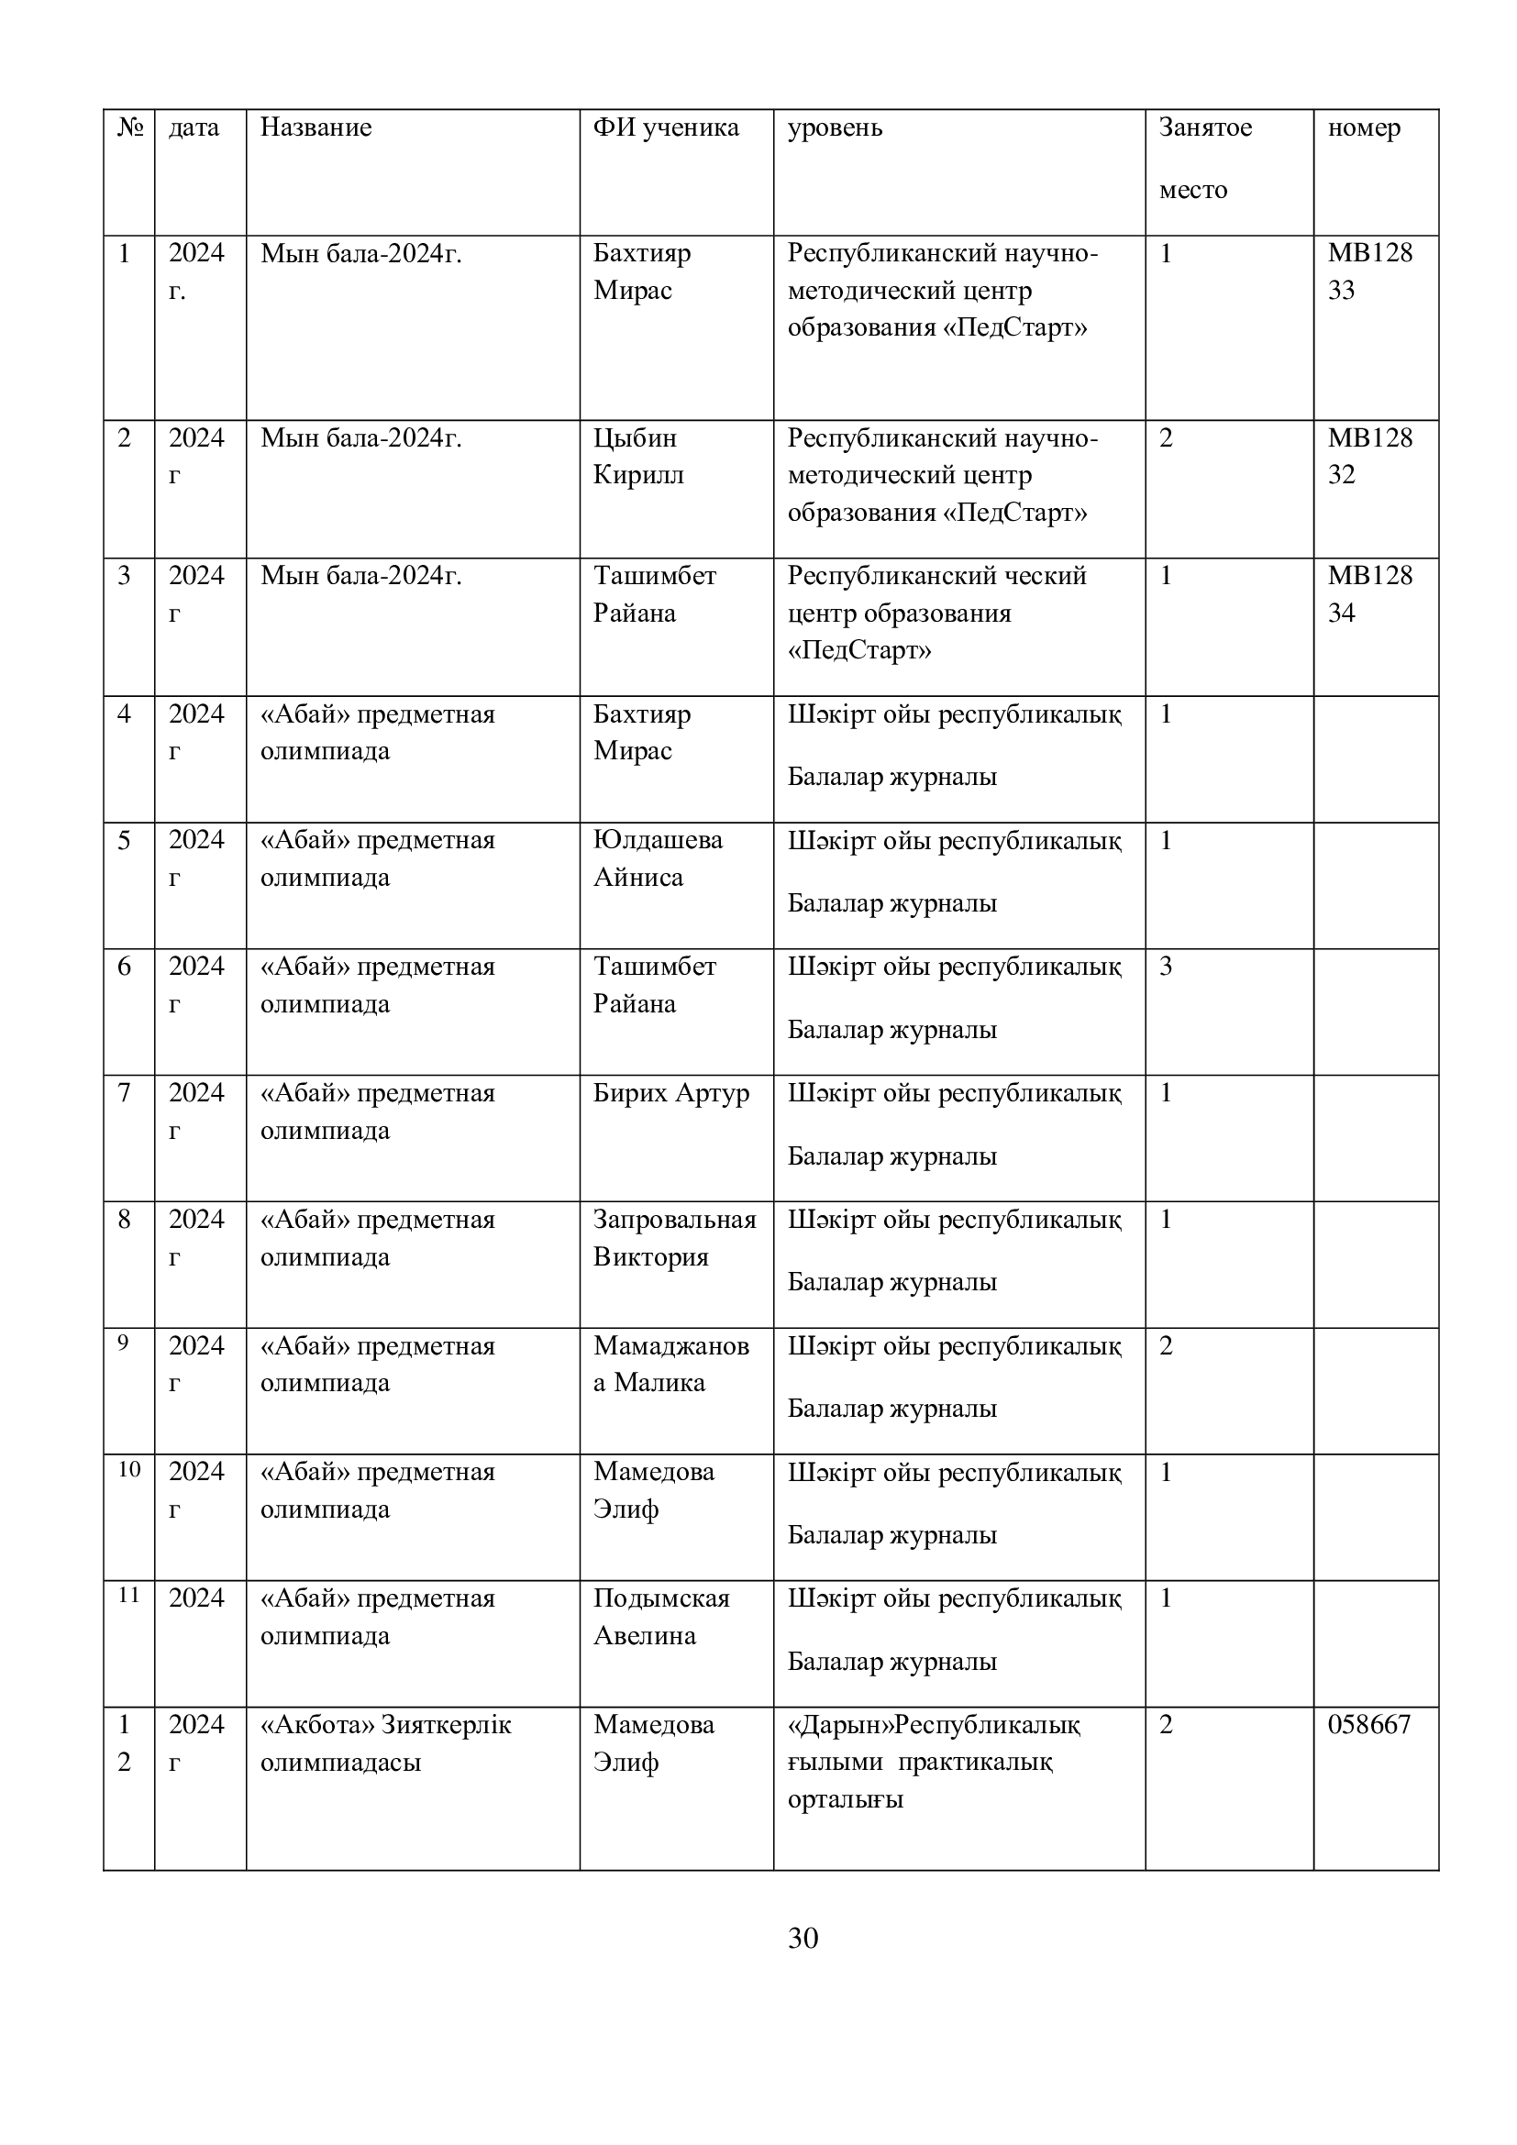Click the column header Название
click(x=316, y=128)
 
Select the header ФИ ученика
click(x=665, y=128)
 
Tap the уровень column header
click(x=834, y=128)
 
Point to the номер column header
click(x=1364, y=128)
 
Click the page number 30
click(x=803, y=1939)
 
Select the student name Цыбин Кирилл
click(x=638, y=456)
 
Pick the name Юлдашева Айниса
click(x=658, y=857)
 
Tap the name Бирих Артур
click(x=670, y=1092)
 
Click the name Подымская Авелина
click(x=660, y=1616)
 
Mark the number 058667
click(x=1368, y=1725)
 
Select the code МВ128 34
click(x=1369, y=594)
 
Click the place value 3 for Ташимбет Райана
click(x=1166, y=966)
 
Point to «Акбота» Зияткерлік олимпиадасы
click(x=385, y=1742)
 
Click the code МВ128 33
click(x=1369, y=271)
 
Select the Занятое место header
click(x=1204, y=158)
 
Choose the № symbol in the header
click(x=130, y=128)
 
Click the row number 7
click(x=124, y=1092)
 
